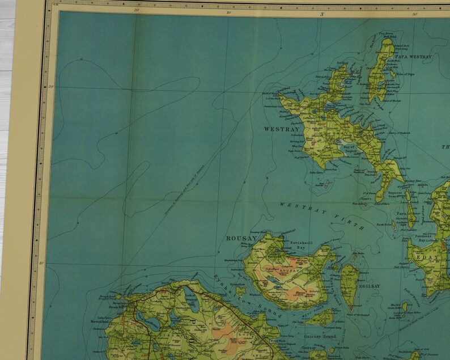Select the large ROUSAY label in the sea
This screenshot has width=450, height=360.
click(238, 239)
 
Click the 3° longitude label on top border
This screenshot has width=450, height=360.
click(321, 13)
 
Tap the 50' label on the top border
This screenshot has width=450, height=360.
click(415, 14)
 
